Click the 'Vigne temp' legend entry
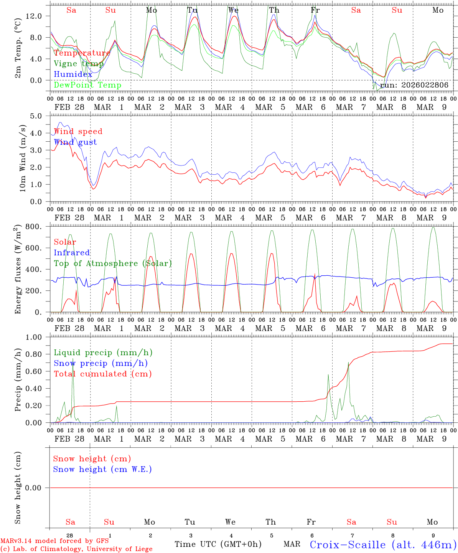pyautogui.click(x=79, y=64)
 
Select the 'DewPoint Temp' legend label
pyautogui.click(x=87, y=85)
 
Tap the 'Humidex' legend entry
pyautogui.click(x=73, y=75)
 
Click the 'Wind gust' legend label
pyautogui.click(x=75, y=142)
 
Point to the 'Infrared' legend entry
pyautogui.click(x=72, y=253)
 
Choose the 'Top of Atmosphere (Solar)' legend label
pyautogui.click(x=113, y=263)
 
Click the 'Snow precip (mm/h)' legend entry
pyautogui.click(x=100, y=363)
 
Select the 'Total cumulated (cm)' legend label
pyautogui.click(x=102, y=374)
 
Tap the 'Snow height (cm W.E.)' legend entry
pyautogui.click(x=102, y=469)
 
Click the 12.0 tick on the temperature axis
pyautogui.click(x=34, y=16)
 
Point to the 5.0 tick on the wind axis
pyautogui.click(x=38, y=116)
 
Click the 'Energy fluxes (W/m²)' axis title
pyautogui.click(x=18, y=270)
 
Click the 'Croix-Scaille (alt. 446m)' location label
pyautogui.click(x=383, y=545)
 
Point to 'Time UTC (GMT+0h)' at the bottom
pyautogui.click(x=218, y=544)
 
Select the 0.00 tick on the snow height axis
pyautogui.click(x=38, y=488)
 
